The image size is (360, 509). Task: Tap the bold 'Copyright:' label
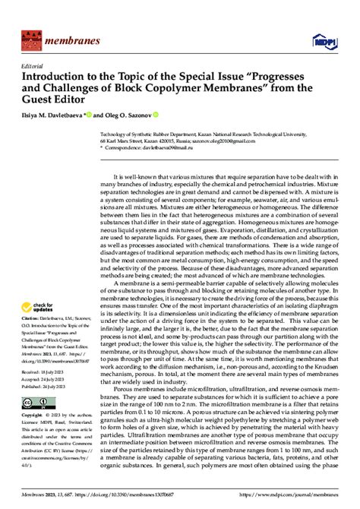click(32, 438)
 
